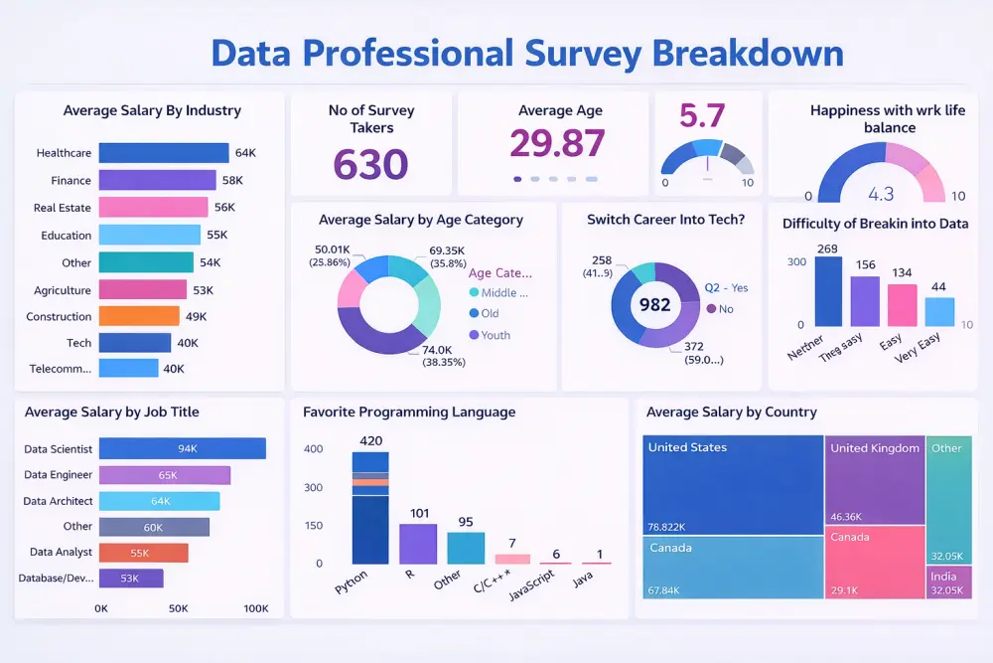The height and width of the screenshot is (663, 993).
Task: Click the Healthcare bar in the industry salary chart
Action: pyautogui.click(x=164, y=153)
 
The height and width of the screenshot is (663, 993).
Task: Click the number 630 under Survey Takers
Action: pyautogui.click(x=370, y=164)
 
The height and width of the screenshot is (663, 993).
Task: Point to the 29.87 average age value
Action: pyautogui.click(x=557, y=143)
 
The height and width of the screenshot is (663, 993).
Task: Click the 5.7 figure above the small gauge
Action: pyautogui.click(x=702, y=117)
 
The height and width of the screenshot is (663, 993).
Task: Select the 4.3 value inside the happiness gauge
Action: pyautogui.click(x=881, y=194)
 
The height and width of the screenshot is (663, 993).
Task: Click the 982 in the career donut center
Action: pyautogui.click(x=655, y=305)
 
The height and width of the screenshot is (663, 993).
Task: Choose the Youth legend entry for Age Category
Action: pyautogui.click(x=495, y=335)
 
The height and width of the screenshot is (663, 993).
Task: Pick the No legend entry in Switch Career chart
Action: pyautogui.click(x=725, y=309)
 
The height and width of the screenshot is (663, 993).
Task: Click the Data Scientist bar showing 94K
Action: pyautogui.click(x=183, y=448)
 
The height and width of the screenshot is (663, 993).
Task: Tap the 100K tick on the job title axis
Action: pyautogui.click(x=255, y=608)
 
